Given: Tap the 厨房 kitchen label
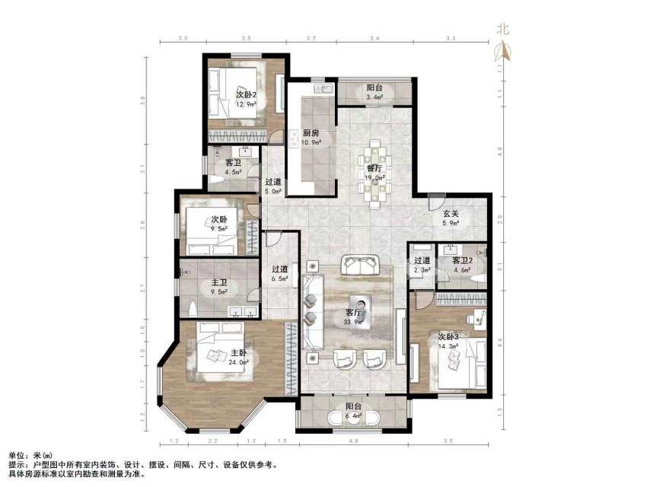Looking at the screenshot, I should pos(311,132).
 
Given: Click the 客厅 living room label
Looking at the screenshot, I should pos(353,312).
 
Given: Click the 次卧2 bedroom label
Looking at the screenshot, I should pos(225,94).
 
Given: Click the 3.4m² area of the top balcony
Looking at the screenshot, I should pos(374,97).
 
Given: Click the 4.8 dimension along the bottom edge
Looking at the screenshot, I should pos(352,441).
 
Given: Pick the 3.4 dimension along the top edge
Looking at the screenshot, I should pos(375,37).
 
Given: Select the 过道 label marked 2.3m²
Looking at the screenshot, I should pos(422,260).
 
